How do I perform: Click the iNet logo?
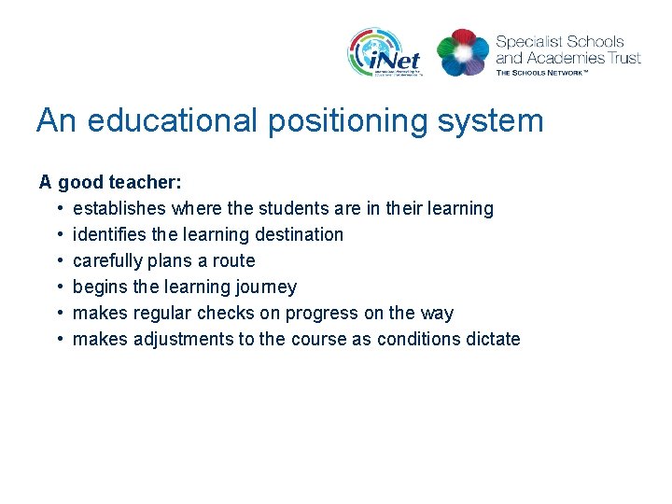(385, 52)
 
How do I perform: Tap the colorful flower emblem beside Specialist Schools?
(463, 52)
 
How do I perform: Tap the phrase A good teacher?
(110, 182)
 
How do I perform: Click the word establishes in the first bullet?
(119, 208)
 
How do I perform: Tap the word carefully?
(108, 260)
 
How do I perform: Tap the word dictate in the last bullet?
(490, 339)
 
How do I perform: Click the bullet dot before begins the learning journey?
(59, 287)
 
